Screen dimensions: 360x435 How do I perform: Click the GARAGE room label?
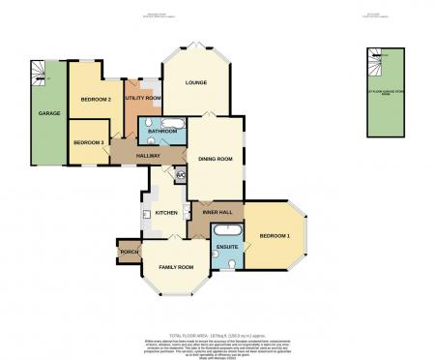(49, 113)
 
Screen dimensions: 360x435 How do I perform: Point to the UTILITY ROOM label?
(142, 99)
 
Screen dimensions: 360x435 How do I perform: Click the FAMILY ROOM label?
(176, 266)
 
